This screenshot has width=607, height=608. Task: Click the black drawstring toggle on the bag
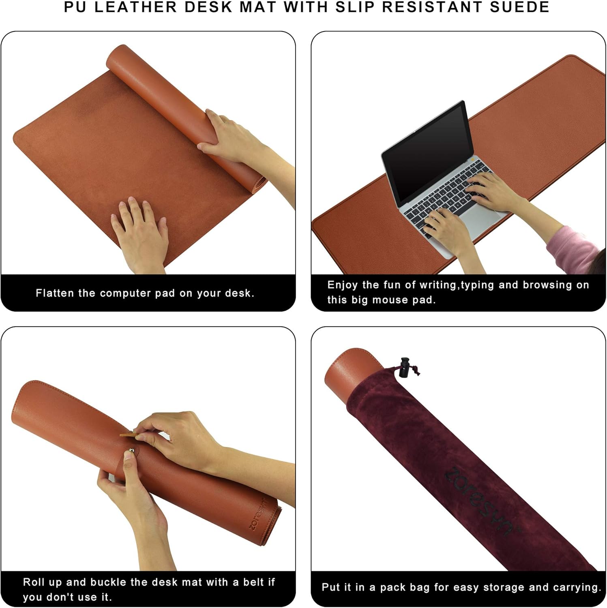[x=404, y=367]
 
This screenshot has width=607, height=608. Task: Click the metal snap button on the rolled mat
[x=131, y=450]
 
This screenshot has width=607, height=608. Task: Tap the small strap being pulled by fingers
[x=129, y=435]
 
